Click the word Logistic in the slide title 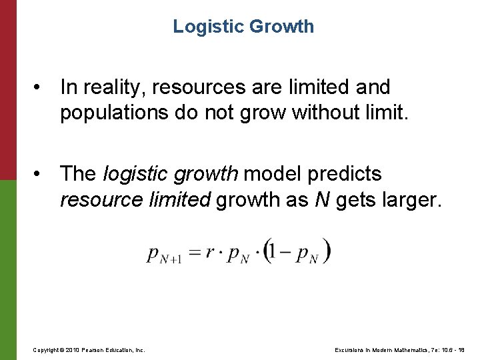(x=207, y=27)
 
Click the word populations (x=113, y=113)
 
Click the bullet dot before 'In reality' (x=42, y=87)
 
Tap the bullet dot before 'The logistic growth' (x=42, y=175)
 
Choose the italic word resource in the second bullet (x=99, y=200)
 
